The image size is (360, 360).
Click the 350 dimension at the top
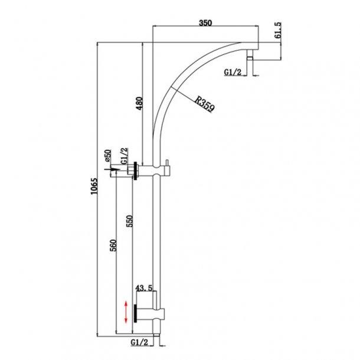click(x=205, y=23)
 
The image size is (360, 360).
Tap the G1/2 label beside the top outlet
click(x=233, y=72)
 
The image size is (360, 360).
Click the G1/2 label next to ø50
click(x=125, y=156)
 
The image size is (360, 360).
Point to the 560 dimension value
click(x=113, y=245)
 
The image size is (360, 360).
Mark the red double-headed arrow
click(x=125, y=312)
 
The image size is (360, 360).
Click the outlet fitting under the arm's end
click(x=250, y=57)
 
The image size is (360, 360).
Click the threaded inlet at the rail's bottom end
click(x=156, y=340)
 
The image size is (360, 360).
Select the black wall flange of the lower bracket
click(x=137, y=312)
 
